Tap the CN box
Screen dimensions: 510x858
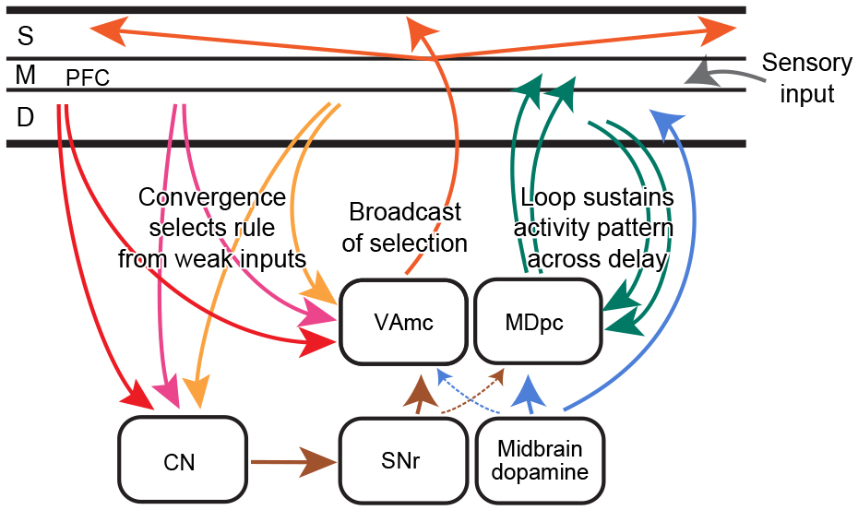[185, 461]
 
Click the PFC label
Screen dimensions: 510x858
[88, 79]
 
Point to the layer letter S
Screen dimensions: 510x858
[27, 36]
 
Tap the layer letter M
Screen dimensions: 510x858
[27, 76]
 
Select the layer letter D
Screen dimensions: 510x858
[27, 117]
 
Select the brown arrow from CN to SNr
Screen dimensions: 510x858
[291, 458]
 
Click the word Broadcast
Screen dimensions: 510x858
[405, 212]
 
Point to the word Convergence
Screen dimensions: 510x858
[212, 197]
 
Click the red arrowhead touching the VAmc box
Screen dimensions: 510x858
[316, 344]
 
